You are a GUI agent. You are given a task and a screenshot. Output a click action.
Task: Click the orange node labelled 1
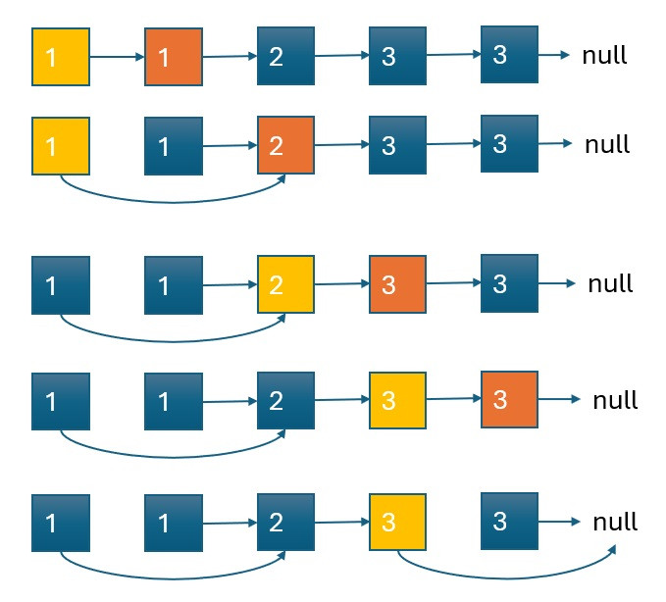coord(174,57)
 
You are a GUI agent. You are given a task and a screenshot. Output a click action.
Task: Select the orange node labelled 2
coord(285,145)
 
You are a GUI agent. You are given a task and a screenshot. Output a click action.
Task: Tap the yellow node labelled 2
coord(285,284)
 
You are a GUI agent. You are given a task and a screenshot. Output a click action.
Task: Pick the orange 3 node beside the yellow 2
coord(397,284)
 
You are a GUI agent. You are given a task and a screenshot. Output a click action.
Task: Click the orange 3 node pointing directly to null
coord(510,399)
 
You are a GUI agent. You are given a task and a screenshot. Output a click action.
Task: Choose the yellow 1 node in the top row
coord(61,57)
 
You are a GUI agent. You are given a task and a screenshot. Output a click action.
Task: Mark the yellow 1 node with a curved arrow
coord(61,145)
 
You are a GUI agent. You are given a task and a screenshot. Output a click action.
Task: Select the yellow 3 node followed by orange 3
coord(397,401)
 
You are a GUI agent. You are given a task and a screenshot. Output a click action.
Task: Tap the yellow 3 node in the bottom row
coord(397,523)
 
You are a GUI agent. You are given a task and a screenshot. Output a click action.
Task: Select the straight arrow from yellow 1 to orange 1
coord(117,57)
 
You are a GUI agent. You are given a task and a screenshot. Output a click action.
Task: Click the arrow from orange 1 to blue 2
coord(230,56)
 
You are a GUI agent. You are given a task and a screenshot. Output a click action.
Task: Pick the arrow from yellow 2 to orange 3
coord(341,284)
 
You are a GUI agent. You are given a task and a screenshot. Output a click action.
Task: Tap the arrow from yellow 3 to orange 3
coord(453,400)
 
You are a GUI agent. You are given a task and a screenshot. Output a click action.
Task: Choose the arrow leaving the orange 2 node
coord(341,145)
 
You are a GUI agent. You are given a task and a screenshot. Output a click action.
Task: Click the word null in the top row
coord(604,55)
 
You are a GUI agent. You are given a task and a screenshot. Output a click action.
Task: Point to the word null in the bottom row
coord(615,522)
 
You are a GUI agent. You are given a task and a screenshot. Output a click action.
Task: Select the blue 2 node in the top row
coord(285,56)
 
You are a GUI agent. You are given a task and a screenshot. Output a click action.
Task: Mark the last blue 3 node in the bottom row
coord(510,521)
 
